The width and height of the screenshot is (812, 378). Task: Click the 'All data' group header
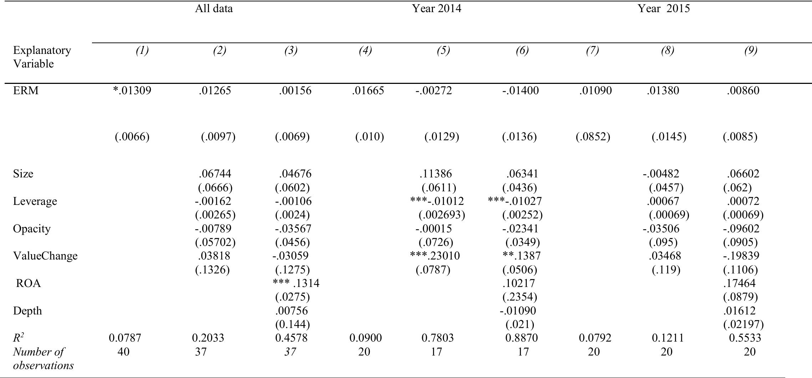[214, 9]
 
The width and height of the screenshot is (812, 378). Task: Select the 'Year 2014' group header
[436, 9]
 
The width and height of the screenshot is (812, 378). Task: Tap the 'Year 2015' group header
[664, 9]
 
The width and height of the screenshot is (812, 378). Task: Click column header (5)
[443, 51]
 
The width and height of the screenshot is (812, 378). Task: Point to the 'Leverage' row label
[35, 201]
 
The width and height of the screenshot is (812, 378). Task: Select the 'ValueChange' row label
[45, 256]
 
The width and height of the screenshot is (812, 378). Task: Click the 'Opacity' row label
[32, 229]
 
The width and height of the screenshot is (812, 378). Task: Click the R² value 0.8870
[521, 338]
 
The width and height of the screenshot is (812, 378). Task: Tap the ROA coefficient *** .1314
[296, 283]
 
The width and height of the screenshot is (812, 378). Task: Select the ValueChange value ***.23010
[435, 256]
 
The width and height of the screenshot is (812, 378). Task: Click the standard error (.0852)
[593, 137]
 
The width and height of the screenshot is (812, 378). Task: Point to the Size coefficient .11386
[435, 174]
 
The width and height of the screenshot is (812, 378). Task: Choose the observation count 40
[123, 352]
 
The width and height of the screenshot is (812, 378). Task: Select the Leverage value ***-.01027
[515, 201]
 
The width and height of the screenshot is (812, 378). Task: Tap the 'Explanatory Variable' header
[42, 57]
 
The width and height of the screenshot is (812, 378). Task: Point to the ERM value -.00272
[433, 91]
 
